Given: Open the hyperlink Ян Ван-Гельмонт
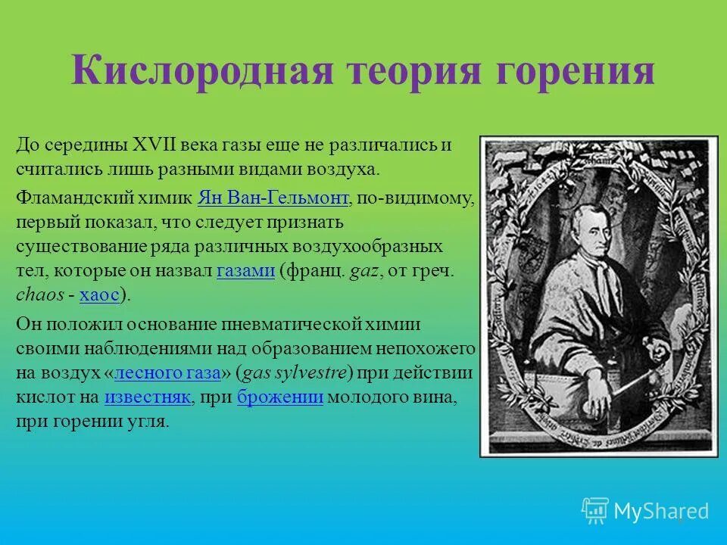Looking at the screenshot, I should pyautogui.click(x=273, y=198).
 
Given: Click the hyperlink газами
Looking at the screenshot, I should pyautogui.click(x=245, y=272).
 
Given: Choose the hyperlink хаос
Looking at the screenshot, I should pyautogui.click(x=99, y=296).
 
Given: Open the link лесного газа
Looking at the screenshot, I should pyautogui.click(x=167, y=372).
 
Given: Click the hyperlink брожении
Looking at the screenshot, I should pyautogui.click(x=280, y=397).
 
